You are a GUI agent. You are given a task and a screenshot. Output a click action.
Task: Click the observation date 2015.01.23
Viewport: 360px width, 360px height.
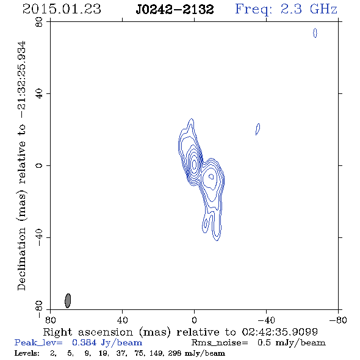click(62, 9)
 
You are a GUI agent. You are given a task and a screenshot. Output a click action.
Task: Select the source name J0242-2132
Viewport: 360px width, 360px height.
click(175, 10)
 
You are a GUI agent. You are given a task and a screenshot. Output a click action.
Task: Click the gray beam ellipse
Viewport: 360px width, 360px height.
click(68, 301)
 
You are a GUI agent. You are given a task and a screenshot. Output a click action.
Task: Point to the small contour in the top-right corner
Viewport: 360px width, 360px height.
click(315, 33)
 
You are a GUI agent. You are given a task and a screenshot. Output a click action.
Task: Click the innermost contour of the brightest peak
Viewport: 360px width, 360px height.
click(194, 164)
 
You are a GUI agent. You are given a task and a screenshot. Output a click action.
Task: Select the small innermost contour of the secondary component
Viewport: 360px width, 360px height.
click(211, 176)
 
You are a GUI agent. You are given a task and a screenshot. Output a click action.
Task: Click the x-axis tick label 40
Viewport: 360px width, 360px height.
click(122, 320)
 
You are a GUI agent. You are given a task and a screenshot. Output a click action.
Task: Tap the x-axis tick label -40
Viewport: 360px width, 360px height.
click(266, 320)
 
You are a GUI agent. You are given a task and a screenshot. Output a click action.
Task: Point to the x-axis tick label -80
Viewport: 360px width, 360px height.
click(338, 320)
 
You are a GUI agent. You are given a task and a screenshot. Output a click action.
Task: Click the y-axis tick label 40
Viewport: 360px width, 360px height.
click(39, 94)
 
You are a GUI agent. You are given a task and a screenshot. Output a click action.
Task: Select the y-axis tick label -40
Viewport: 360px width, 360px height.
click(39, 237)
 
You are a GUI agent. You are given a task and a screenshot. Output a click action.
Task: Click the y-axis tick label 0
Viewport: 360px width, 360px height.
click(39, 165)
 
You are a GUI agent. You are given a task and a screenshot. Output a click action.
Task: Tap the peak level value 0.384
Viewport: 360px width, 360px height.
click(84, 342)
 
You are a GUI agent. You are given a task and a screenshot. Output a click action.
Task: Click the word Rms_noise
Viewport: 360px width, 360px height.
click(220, 343)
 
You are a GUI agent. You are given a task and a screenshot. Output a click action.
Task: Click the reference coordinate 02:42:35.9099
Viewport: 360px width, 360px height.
click(280, 332)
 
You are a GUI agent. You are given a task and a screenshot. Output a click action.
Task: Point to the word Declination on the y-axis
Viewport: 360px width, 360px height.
click(21, 259)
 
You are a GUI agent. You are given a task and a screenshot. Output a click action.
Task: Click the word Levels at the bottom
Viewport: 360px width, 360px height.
click(27, 353)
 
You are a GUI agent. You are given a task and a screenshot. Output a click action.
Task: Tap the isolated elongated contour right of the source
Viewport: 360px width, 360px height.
click(258, 129)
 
